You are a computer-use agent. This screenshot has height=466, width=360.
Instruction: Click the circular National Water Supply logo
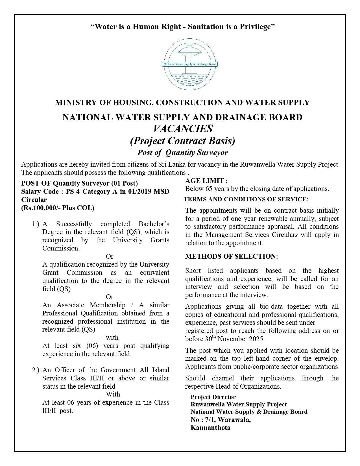tap(190, 64)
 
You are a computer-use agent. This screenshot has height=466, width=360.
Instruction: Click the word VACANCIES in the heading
tap(183, 129)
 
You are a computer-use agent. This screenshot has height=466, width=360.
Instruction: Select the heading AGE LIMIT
tap(206, 181)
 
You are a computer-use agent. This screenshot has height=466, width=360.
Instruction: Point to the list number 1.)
tap(36, 224)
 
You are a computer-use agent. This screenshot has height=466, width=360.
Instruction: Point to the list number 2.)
tap(36, 370)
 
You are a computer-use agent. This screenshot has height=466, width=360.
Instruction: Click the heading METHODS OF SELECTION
tap(232, 256)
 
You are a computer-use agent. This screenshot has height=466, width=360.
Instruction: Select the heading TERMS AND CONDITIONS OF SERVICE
tap(246, 199)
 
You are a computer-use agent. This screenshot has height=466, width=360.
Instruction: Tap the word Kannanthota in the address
tap(210, 428)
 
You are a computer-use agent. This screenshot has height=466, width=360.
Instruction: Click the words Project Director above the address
tap(213, 397)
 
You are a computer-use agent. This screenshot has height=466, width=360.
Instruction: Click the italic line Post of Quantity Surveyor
tap(182, 153)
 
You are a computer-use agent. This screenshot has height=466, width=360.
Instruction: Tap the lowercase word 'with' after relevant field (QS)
tap(112, 337)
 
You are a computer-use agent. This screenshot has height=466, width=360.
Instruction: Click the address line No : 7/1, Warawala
tap(221, 420)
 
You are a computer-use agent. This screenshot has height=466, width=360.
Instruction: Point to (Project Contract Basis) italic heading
tap(182, 141)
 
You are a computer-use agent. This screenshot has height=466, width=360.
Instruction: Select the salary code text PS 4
tap(73, 191)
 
